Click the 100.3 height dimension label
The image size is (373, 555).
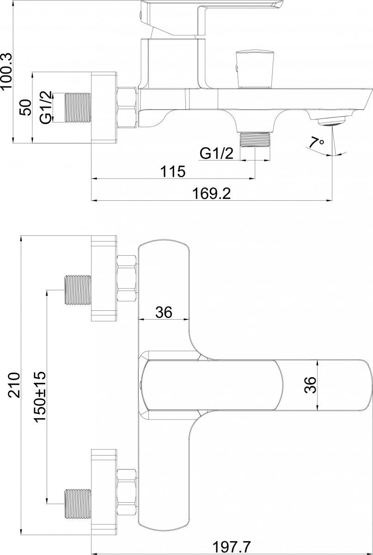click(x=6, y=71)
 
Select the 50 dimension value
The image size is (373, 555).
click(x=26, y=107)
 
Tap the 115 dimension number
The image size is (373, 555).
click(x=173, y=171)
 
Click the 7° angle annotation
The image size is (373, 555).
click(x=316, y=143)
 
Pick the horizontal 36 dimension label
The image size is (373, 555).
click(x=164, y=312)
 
